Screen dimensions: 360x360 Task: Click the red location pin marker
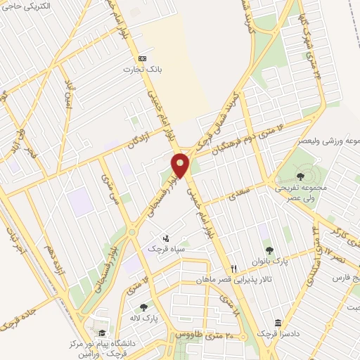tap(181, 165)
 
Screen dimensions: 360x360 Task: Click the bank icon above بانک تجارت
tap(143, 58)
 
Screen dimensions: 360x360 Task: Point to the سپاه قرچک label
tap(167, 249)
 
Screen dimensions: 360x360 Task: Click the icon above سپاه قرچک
tap(166, 238)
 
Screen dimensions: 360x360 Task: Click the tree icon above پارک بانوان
tap(269, 250)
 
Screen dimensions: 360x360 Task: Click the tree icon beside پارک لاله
tap(144, 307)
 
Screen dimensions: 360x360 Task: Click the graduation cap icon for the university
tap(103, 333)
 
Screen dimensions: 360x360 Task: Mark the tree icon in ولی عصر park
tap(301, 176)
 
